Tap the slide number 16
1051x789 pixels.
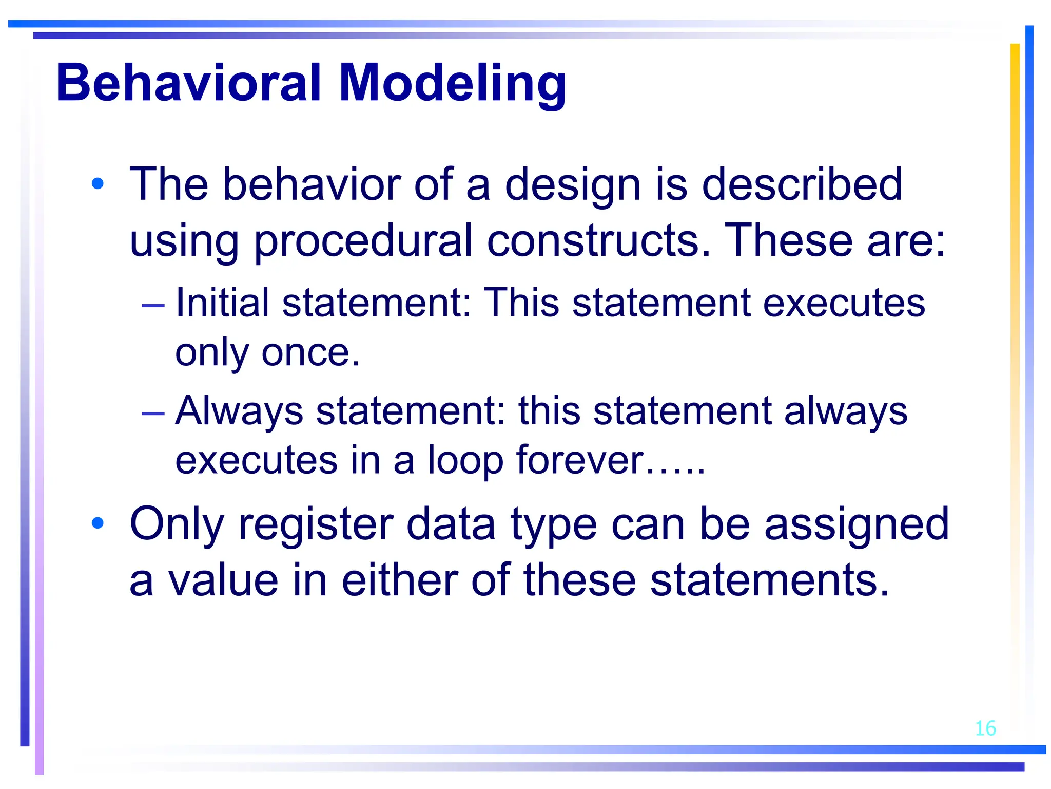(985, 728)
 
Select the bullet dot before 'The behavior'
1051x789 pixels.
(98, 183)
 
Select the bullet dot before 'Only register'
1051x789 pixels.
(98, 523)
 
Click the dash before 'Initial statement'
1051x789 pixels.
(153, 305)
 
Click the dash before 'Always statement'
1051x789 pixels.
(153, 413)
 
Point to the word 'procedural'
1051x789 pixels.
(362, 241)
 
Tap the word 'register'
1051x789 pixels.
(316, 525)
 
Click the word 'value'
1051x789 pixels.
(224, 580)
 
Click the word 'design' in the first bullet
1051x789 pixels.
(573, 185)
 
